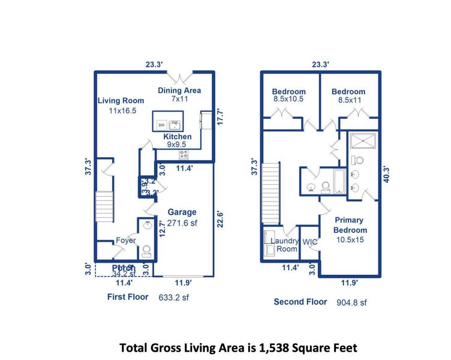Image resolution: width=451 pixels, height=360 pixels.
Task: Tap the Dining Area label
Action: (179, 91)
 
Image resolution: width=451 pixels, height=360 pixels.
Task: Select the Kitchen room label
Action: (178, 137)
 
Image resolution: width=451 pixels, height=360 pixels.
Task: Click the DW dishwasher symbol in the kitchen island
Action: (161, 125)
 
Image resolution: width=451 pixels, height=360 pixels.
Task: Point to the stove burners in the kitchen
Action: (183, 154)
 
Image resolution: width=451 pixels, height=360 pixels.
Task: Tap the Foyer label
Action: (126, 240)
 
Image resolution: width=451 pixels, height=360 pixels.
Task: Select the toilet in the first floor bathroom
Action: (146, 251)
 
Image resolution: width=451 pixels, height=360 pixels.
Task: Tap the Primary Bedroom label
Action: (351, 226)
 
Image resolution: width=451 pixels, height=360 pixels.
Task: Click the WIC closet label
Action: (310, 242)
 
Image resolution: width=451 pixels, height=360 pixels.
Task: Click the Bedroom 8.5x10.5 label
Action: (289, 95)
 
